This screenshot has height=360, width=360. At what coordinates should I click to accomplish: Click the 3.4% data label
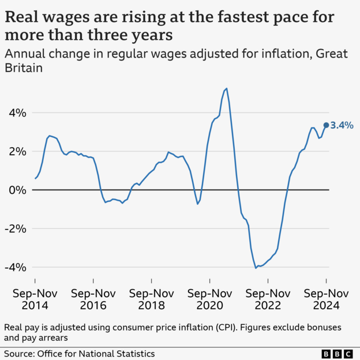(342, 125)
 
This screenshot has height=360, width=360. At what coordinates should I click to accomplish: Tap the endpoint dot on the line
(326, 125)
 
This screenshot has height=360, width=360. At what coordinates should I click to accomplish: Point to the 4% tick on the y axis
(17, 112)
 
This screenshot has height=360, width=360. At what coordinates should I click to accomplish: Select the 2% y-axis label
(17, 151)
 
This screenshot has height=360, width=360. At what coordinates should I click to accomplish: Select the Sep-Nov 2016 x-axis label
(93, 299)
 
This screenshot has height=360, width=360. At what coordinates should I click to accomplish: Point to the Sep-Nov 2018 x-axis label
(152, 299)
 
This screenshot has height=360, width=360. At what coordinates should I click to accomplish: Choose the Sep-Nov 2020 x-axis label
(210, 299)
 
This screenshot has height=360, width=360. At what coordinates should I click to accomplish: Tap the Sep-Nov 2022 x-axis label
(268, 299)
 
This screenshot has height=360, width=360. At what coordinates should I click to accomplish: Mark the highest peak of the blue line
(226, 88)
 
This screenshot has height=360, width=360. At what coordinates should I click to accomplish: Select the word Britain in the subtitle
(25, 67)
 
